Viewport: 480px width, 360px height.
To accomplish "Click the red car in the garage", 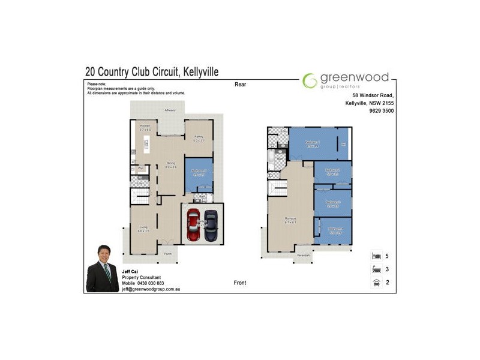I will click(194, 226).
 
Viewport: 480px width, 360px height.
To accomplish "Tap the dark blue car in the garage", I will click(211, 226).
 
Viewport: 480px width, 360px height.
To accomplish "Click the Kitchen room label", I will click(145, 127).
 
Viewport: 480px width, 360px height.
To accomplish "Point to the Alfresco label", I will click(170, 111).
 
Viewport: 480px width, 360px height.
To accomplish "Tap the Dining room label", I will click(170, 164).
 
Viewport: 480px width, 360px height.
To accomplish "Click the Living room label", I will click(143, 229).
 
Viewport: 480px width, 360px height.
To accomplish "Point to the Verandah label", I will click(304, 256).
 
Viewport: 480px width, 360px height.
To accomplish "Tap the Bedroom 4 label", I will click(335, 230).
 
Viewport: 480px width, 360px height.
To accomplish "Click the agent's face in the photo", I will click(103, 255).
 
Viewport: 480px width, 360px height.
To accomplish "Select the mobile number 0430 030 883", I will click(151, 283).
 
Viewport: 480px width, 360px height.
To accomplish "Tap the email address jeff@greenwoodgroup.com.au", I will click(151, 289).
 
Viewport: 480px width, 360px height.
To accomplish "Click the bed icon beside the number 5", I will click(377, 256).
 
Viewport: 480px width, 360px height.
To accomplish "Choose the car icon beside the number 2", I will click(377, 282).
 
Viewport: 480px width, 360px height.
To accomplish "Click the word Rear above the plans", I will click(241, 85).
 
